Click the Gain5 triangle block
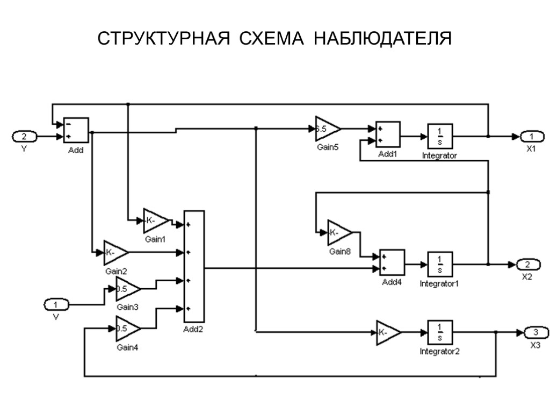click(x=327, y=129)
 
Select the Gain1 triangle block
click(x=155, y=220)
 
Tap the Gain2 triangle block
click(x=115, y=252)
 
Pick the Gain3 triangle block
click(x=127, y=290)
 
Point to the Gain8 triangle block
click(x=339, y=233)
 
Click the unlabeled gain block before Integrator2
click(x=388, y=332)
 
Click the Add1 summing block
click(x=387, y=134)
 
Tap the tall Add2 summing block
click(x=194, y=267)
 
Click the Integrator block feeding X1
click(x=440, y=137)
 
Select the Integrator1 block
click(x=440, y=264)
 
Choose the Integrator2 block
click(x=440, y=332)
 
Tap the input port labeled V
click(x=56, y=305)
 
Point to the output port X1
click(x=531, y=137)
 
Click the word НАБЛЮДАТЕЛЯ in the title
click(x=382, y=39)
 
